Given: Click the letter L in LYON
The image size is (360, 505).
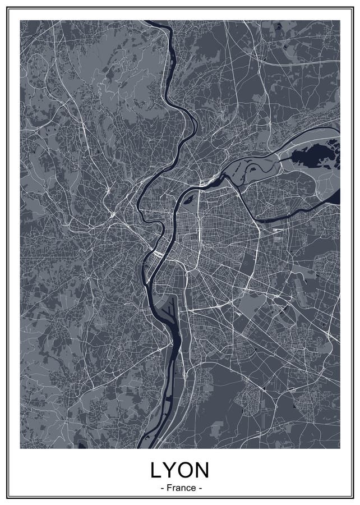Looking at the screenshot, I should (156, 470).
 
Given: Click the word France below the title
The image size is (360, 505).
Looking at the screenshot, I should (181, 488).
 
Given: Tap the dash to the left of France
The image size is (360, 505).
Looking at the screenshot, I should (162, 488).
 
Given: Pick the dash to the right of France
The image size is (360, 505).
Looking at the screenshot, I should (199, 488).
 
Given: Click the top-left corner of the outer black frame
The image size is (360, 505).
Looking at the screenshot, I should (8, 8).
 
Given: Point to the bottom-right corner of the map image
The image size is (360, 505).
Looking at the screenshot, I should (340, 448).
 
